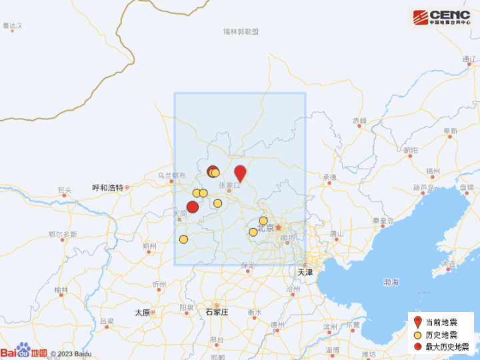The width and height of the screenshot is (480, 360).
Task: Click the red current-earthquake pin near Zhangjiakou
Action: click(x=240, y=172)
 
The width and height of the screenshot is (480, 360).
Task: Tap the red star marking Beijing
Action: click(x=279, y=227)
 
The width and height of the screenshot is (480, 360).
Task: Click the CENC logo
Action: click(x=441, y=17)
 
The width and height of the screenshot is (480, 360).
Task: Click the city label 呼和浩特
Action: click(x=108, y=188)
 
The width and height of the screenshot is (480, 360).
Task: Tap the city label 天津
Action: click(x=305, y=272)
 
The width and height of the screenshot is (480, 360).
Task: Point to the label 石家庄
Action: click(x=217, y=311)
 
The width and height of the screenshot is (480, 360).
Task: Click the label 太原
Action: click(x=143, y=312)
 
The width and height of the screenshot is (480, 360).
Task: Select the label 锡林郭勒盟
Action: click(x=241, y=31)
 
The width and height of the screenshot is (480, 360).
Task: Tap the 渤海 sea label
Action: click(x=391, y=282)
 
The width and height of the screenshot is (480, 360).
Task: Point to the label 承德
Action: click(x=330, y=177)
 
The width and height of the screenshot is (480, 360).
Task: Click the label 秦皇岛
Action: click(x=384, y=221)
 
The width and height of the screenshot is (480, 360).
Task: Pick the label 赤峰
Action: click(x=360, y=121)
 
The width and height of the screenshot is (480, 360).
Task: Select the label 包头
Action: click(x=65, y=189)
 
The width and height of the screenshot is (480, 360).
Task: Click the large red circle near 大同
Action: click(x=193, y=207)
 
